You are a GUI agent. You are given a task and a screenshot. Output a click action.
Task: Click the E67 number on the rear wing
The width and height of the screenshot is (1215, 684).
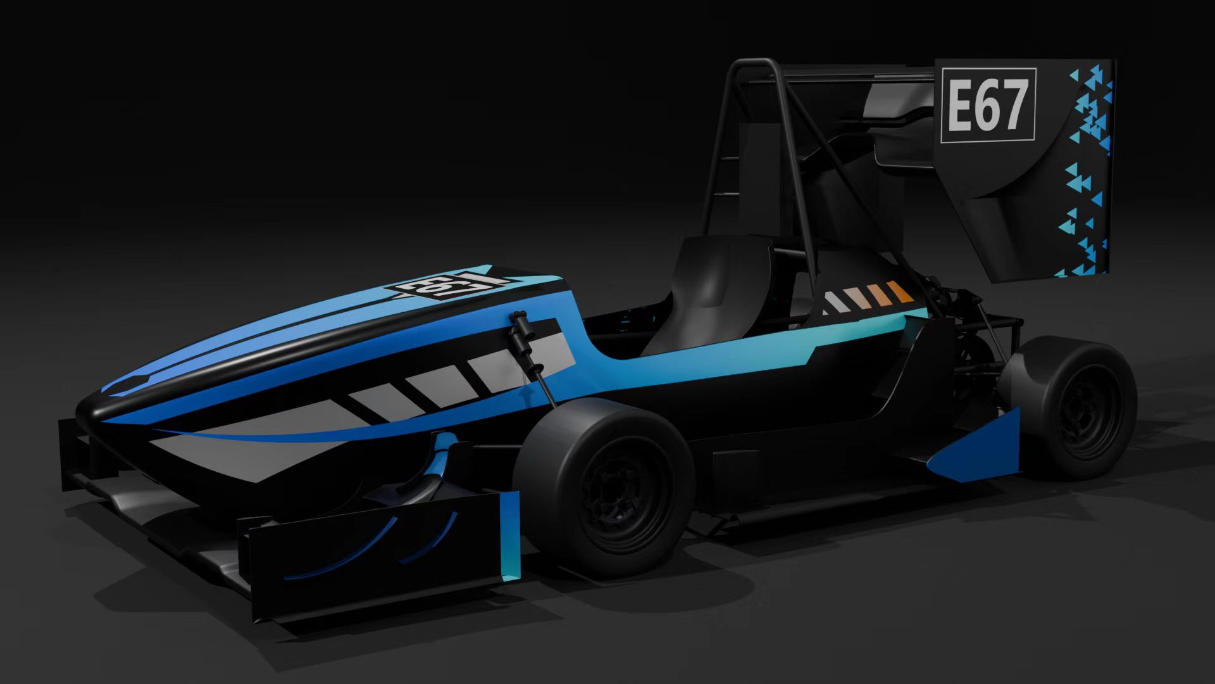987,105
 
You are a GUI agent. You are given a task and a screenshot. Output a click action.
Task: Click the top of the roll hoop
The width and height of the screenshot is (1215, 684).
756,63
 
